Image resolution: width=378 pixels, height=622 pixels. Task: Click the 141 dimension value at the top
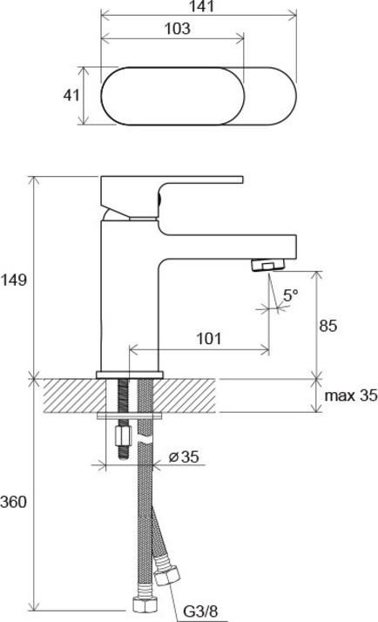tap(199, 8)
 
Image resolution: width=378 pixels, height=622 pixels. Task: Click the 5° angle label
tap(290, 296)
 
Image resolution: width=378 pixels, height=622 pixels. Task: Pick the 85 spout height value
tap(327, 326)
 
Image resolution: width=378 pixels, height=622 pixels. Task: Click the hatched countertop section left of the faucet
tap(70, 396)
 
